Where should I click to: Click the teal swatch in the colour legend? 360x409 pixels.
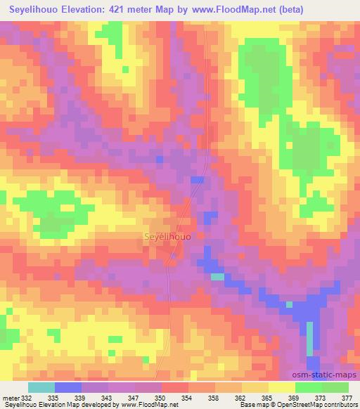pos(41,388)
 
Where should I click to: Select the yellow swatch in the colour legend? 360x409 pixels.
pos(281,388)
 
